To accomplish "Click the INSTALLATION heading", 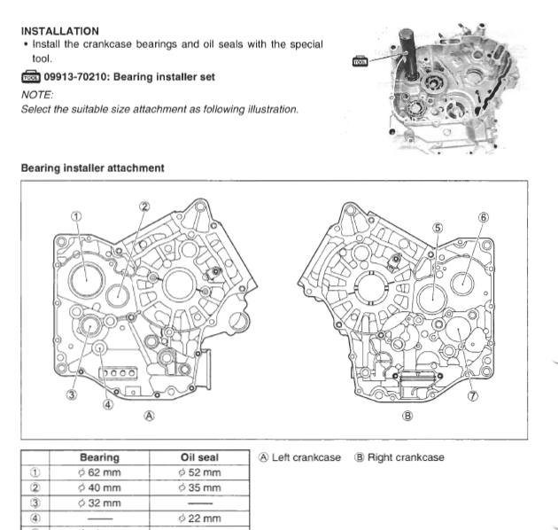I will coord(59,31).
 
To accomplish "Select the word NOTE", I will coord(37,93).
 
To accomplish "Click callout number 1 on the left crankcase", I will coord(76,215).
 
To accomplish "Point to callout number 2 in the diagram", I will coord(143,207).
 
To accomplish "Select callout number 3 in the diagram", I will coord(72,395).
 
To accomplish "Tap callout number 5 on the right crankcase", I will coord(437,227).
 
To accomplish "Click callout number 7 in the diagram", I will coord(472,396).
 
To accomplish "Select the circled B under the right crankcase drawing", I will coord(407,415).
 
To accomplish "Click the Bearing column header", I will coord(99,457).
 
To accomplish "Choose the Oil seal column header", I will coord(199,457).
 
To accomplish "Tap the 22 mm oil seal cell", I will coord(199,517).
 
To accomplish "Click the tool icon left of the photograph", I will coord(360,60).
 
